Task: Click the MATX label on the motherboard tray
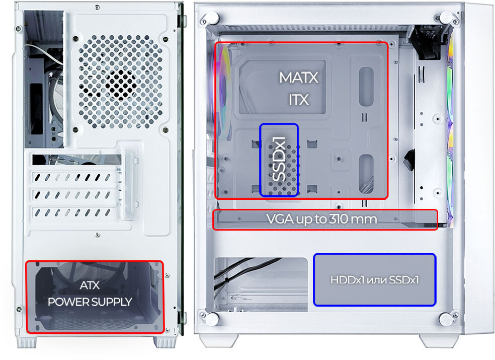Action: point(298,78)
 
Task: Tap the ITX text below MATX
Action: point(298,100)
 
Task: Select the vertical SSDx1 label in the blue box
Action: point(279,159)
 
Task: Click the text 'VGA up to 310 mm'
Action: point(321,219)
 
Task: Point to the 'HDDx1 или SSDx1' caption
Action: point(375,280)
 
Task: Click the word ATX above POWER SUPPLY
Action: point(90,285)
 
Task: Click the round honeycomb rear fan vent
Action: point(121,82)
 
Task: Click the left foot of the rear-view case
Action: point(27,342)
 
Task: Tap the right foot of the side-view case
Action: point(439,341)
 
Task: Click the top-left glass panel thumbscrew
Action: point(212,18)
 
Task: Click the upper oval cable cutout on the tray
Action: point(366,86)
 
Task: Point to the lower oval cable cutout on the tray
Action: point(366,174)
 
